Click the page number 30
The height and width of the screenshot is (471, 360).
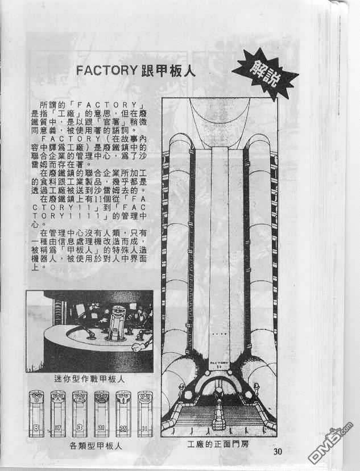coord(278,452)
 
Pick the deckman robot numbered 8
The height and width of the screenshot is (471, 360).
coord(35,412)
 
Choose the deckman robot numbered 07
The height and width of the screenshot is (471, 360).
coord(57,412)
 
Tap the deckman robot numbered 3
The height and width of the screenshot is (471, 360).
coord(80,412)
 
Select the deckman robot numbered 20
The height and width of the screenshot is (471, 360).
coord(102,412)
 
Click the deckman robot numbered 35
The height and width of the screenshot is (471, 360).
coord(123,412)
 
